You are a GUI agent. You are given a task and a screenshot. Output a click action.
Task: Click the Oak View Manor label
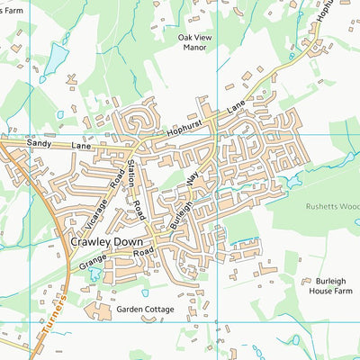pos(197,42)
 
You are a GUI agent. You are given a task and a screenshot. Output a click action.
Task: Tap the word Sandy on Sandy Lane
pos(39,143)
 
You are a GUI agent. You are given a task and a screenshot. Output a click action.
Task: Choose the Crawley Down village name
pos(107,243)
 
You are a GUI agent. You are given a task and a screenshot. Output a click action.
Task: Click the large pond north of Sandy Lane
pos(56,59)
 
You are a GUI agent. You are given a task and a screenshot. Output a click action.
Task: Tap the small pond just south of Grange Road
pos(95,274)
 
